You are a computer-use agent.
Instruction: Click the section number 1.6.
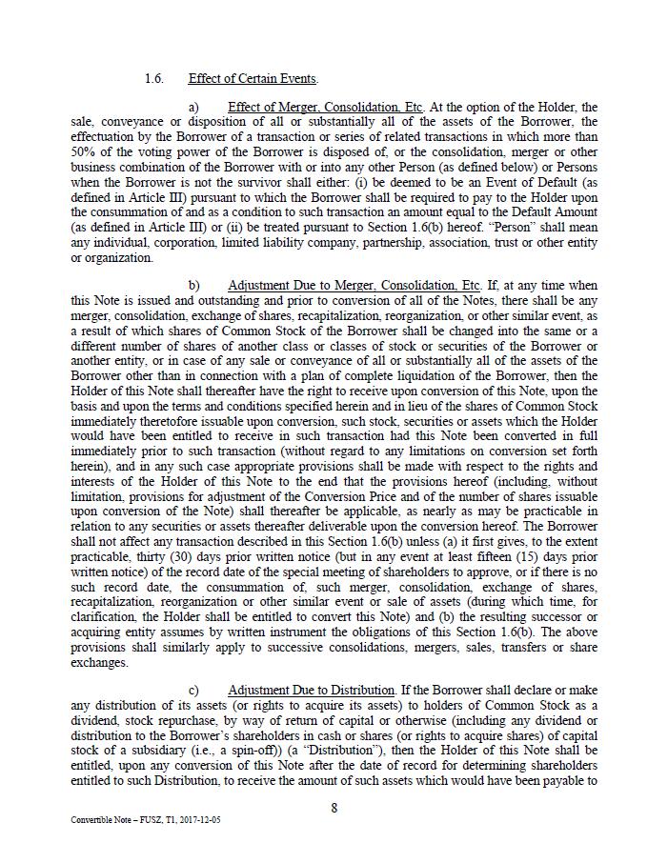click(x=153, y=79)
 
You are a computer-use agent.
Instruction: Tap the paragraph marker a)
click(x=193, y=108)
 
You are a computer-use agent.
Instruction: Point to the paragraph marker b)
click(x=193, y=286)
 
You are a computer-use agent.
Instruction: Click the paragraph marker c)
click(x=193, y=690)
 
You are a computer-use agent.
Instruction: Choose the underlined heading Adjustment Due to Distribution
click(x=312, y=690)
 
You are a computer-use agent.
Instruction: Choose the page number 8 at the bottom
click(x=334, y=808)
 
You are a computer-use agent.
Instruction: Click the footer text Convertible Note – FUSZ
click(x=121, y=819)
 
